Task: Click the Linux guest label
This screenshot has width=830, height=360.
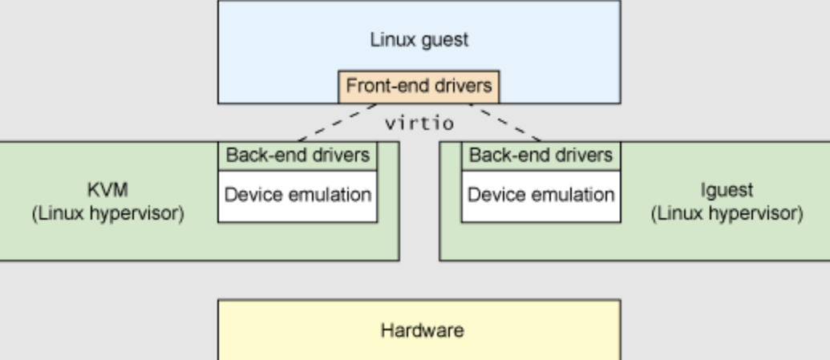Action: [x=419, y=40]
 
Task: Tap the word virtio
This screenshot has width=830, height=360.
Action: [x=419, y=123]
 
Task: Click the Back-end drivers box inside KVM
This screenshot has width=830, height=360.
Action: [x=298, y=155]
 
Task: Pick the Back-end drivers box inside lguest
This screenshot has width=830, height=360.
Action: [x=541, y=155]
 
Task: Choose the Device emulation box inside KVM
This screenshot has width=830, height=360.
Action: [x=298, y=195]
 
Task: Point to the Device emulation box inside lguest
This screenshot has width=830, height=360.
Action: [x=541, y=195]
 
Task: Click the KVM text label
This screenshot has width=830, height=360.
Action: [x=107, y=190]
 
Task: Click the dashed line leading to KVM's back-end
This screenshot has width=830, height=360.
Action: [x=337, y=123]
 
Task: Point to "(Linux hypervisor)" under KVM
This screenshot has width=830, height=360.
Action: [x=107, y=214]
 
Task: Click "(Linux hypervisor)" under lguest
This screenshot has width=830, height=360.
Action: [x=727, y=214]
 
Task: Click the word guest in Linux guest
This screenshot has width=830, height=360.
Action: [x=443, y=40]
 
